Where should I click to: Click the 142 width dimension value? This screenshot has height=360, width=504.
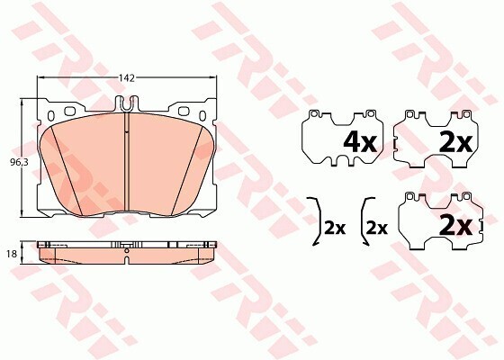[127, 78]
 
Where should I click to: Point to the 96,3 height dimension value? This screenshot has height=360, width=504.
[14, 162]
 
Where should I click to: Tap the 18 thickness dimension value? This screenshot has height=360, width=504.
[11, 255]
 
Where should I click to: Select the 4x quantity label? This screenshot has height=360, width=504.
[359, 140]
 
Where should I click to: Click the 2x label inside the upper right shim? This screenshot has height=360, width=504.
[454, 140]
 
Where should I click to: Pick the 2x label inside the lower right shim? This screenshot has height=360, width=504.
[454, 226]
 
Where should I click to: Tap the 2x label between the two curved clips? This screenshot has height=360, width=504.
[335, 228]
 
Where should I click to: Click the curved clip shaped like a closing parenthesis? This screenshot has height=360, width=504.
[315, 220]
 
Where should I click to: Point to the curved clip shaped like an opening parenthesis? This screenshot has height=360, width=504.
[362, 220]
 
